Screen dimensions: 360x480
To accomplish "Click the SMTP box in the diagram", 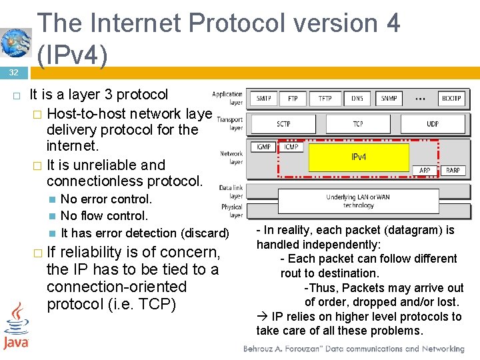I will pos(264,99).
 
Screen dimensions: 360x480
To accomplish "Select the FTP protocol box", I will pos(293,99).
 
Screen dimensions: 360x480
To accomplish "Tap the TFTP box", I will pos(325,99).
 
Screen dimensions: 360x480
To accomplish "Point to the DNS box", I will pos(357,99).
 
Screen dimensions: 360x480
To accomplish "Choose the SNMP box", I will pos(389,99).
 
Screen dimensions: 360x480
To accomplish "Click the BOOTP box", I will pos(451,99).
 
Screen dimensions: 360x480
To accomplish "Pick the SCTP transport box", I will pos(284,124).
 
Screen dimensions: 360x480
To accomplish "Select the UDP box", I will pos(433,124).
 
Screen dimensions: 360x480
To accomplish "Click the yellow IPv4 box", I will pos(359,158).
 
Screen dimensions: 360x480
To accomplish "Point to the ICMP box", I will pos(291,147).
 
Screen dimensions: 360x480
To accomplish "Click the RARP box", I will pos(453,171).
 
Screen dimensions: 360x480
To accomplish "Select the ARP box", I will pos(425,171).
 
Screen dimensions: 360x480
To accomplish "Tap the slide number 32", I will pos(13,72).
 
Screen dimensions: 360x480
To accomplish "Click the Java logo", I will pos(15,327).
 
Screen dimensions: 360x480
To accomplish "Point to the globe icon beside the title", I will pos(16,43).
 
